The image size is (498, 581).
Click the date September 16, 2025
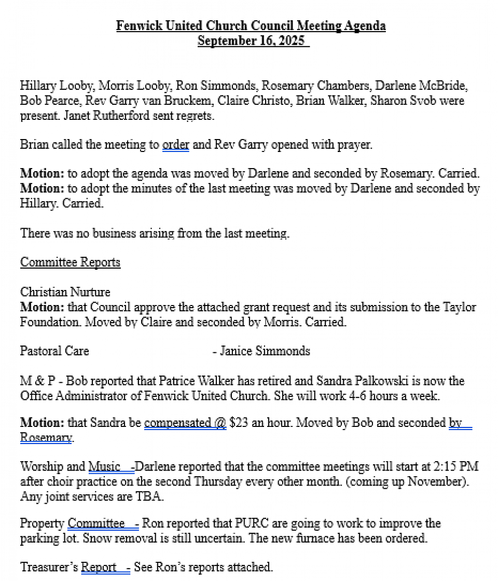coord(251,41)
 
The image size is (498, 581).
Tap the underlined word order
coord(175,145)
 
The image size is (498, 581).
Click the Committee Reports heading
coord(70,262)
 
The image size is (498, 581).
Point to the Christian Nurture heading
coord(65,292)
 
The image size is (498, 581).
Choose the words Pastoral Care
coord(54,351)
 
